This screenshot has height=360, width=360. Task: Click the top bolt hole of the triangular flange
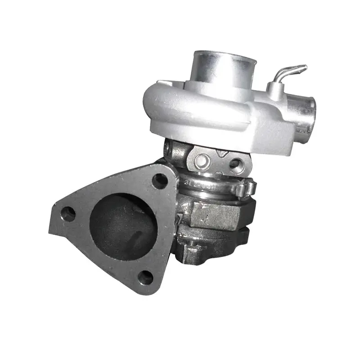(160, 180)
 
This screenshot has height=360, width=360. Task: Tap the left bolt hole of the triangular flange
(68, 214)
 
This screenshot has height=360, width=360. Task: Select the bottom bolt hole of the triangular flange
(145, 278)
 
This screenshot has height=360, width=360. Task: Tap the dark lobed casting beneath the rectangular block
(211, 245)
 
